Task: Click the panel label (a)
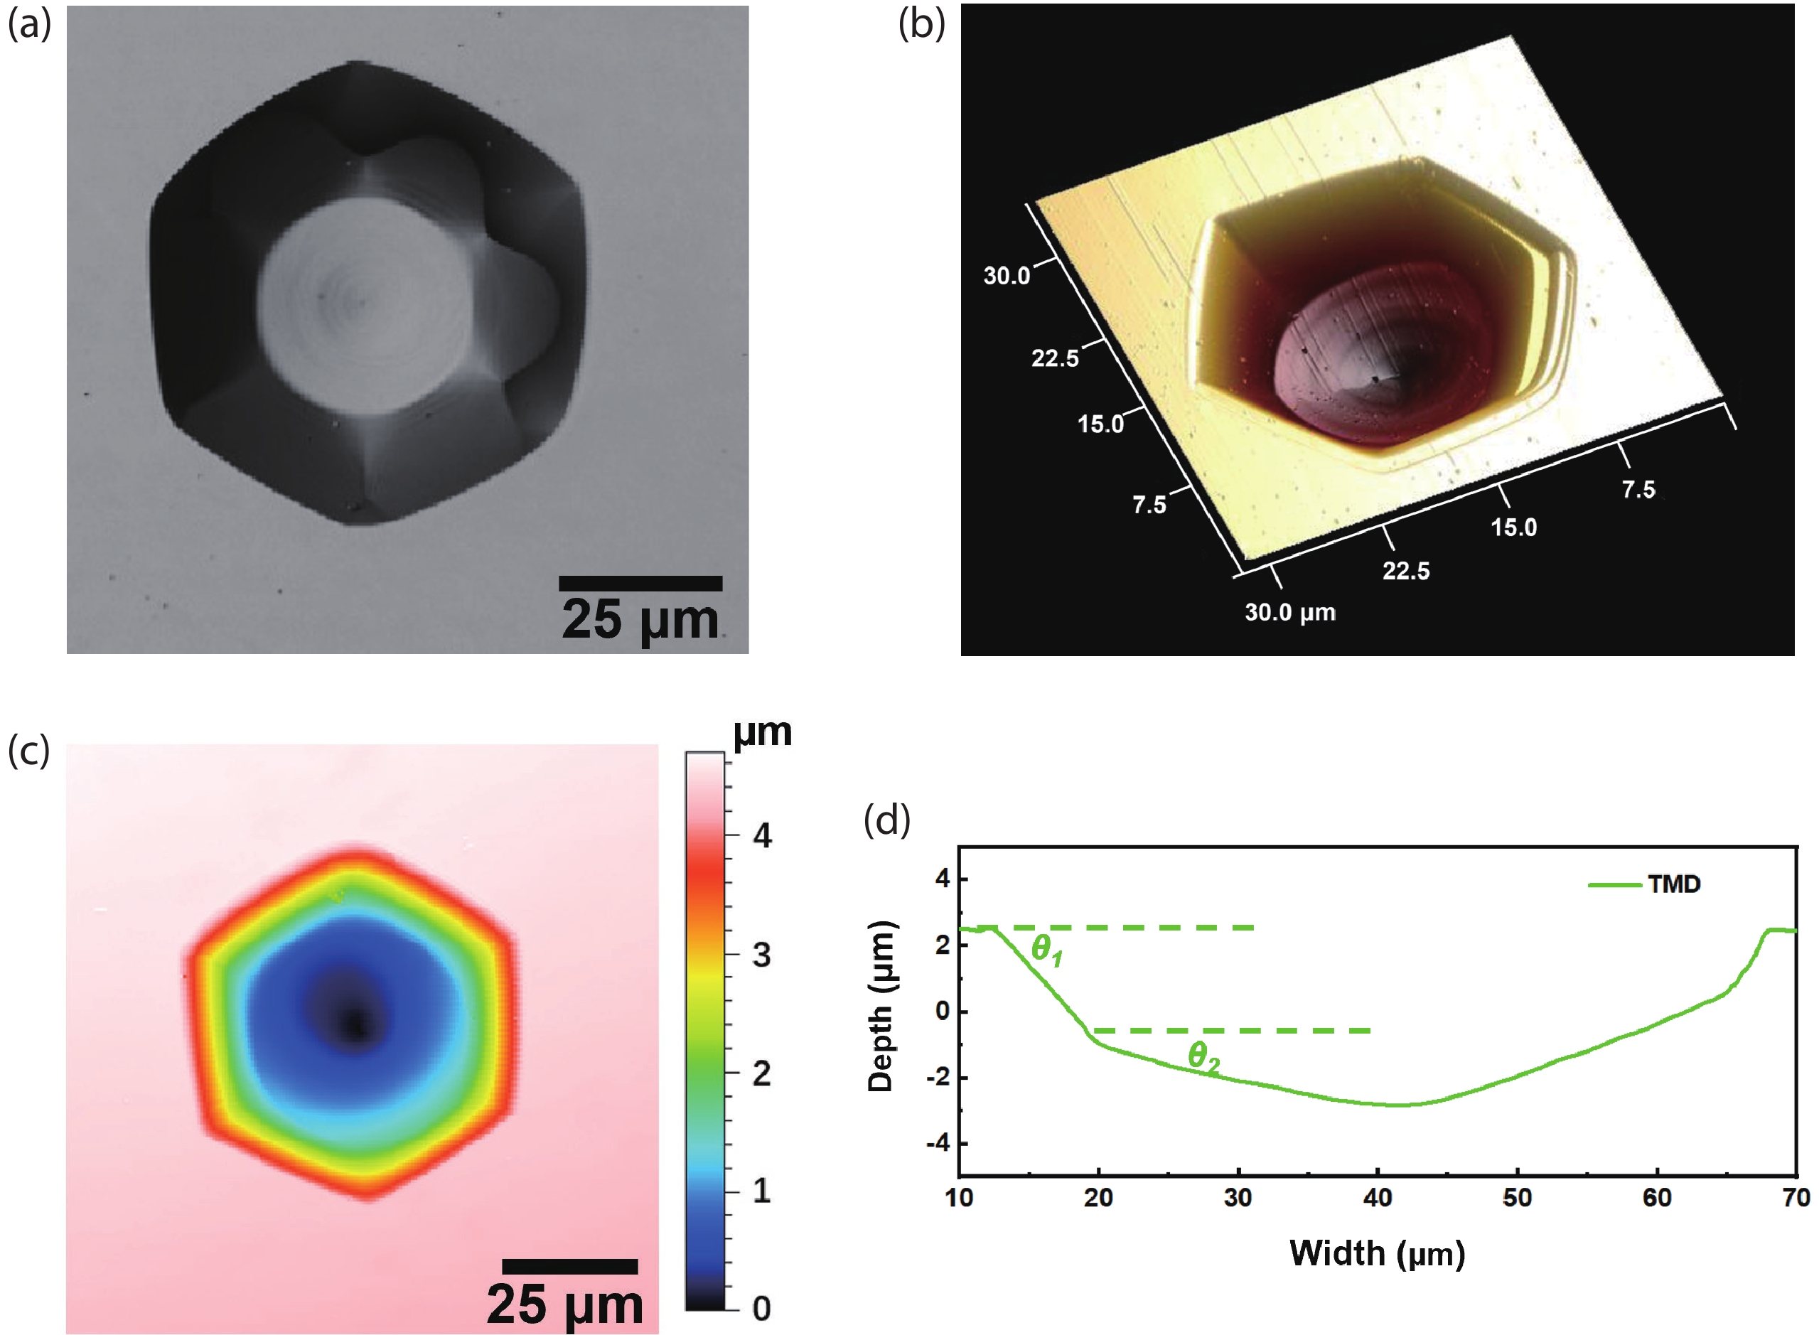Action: click(x=29, y=25)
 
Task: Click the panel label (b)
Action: click(x=921, y=25)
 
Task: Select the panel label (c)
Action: click(x=28, y=751)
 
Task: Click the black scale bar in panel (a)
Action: click(x=640, y=584)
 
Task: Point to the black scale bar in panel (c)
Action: click(x=569, y=1266)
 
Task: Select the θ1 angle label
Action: click(x=1046, y=950)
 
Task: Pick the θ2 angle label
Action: click(x=1203, y=1056)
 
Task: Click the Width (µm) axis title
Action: click(x=1377, y=1253)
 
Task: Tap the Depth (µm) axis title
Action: click(x=881, y=1006)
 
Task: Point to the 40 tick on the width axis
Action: click(x=1377, y=1198)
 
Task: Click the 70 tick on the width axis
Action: click(x=1796, y=1198)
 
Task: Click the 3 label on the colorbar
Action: click(x=761, y=955)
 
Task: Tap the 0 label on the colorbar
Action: click(x=761, y=1308)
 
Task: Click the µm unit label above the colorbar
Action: click(x=762, y=732)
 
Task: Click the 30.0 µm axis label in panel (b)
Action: click(x=1289, y=613)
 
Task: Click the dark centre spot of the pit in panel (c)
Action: click(x=354, y=1024)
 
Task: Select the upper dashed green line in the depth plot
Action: click(x=1115, y=928)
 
